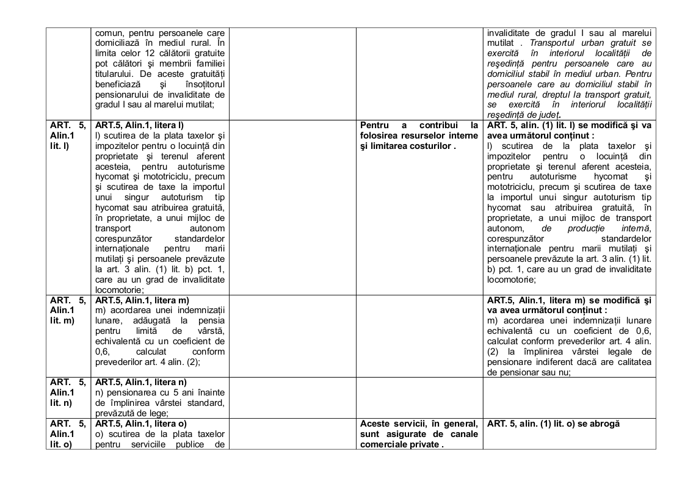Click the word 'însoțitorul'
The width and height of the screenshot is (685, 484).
tap(205, 84)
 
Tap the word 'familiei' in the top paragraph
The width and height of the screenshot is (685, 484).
tap(208, 63)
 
